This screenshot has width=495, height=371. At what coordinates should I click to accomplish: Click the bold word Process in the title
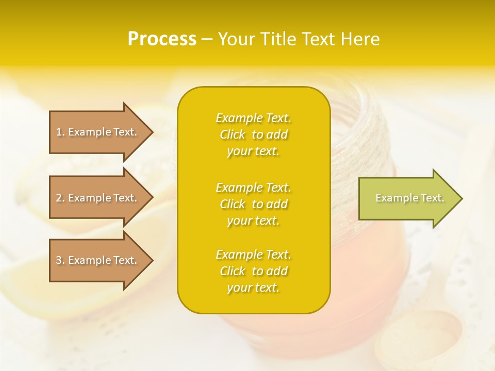click(x=162, y=39)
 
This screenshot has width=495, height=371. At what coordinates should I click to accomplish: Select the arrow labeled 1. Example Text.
click(x=98, y=132)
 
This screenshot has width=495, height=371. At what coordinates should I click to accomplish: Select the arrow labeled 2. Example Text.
click(x=98, y=198)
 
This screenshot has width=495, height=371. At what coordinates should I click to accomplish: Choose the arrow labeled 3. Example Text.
click(x=98, y=260)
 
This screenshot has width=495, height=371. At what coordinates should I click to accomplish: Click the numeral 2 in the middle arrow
click(x=59, y=198)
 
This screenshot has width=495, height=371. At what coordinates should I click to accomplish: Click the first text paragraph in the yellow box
click(x=253, y=134)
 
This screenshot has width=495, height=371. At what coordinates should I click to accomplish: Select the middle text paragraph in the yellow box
click(x=253, y=204)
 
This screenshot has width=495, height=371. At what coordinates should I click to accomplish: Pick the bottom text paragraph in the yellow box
click(x=253, y=271)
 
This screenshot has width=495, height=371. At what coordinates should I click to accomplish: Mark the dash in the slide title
click(x=207, y=40)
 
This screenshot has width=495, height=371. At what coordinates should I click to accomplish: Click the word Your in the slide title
click(x=236, y=39)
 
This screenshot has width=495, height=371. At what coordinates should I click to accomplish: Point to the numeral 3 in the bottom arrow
click(x=59, y=260)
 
